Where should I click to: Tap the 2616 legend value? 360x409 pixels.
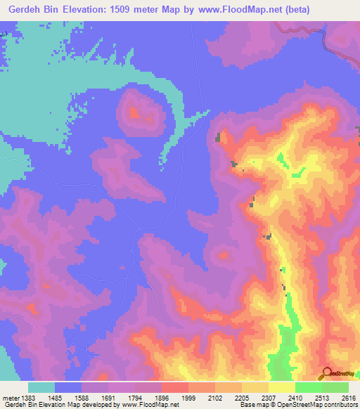coord(347,397)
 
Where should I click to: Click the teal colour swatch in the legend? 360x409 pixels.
coord(41,387)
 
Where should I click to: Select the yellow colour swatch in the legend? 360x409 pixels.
coord(282,387)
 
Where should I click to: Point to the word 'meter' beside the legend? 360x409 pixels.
coord(11,397)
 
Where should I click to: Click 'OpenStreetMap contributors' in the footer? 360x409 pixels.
coord(313,405)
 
